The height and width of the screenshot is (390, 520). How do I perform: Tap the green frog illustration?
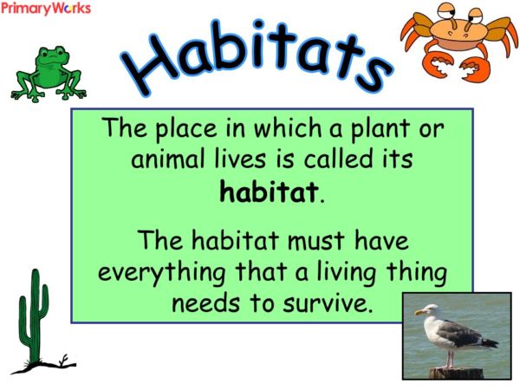tap(49, 73)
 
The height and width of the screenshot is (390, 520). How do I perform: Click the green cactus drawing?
tap(34, 317)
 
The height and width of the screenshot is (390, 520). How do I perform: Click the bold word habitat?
tap(270, 192)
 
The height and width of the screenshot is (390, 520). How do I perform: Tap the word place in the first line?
tap(183, 130)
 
